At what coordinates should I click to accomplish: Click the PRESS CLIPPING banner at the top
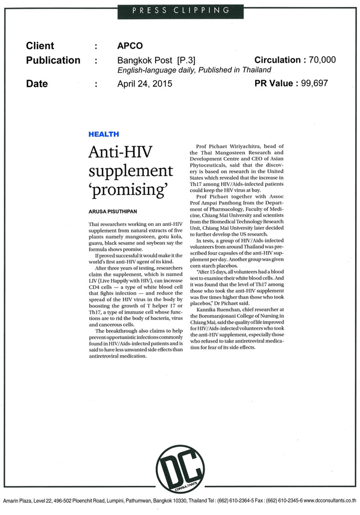pyautogui.click(x=180, y=9)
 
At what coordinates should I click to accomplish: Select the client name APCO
pyautogui.click(x=130, y=46)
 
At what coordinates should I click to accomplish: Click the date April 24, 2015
pyautogui.click(x=144, y=84)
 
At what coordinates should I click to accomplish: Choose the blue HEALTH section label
pyautogui.click(x=103, y=134)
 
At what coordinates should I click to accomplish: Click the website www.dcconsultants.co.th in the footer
pyautogui.click(x=330, y=500)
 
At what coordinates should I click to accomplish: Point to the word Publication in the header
pyautogui.click(x=53, y=60)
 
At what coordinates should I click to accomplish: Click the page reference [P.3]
pyautogui.click(x=186, y=60)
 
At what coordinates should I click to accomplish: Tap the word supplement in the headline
pyautogui.click(x=130, y=171)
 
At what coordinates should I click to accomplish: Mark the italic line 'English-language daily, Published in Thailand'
pyautogui.click(x=194, y=70)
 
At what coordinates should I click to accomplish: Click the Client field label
pyautogui.click(x=40, y=46)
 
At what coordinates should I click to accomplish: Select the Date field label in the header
pyautogui.click(x=37, y=84)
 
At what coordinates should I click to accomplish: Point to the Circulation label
pyautogui.click(x=277, y=60)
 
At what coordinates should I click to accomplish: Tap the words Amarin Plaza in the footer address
pyautogui.click(x=17, y=500)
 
